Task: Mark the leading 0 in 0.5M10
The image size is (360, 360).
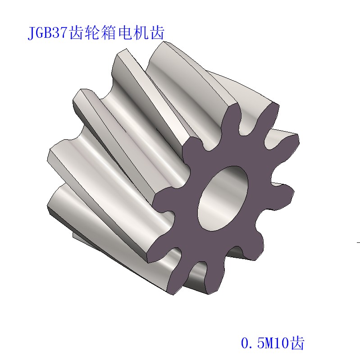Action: (246, 344)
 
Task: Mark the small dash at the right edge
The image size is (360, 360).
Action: (358, 242)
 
